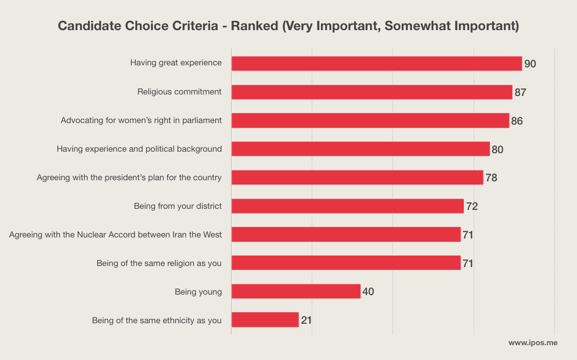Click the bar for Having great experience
pyautogui.click(x=377, y=63)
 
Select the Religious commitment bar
pyautogui.click(x=372, y=92)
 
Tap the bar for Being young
pyautogui.click(x=296, y=292)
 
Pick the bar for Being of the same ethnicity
pyautogui.click(x=265, y=320)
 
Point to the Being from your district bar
pyautogui.click(x=348, y=206)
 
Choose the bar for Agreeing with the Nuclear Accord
pyautogui.click(x=346, y=234)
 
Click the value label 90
pyautogui.click(x=530, y=64)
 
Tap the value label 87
pyautogui.click(x=520, y=92)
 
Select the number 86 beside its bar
pyautogui.click(x=517, y=121)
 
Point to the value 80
pyautogui.click(x=497, y=150)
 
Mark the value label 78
pyautogui.click(x=491, y=178)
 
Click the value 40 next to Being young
pyautogui.click(x=368, y=292)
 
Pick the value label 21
pyautogui.click(x=306, y=321)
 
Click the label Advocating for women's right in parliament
pyautogui.click(x=141, y=121)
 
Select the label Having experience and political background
pyautogui.click(x=139, y=149)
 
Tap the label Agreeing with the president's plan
pyautogui.click(x=129, y=178)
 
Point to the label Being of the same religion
pyautogui.click(x=159, y=263)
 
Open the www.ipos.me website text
pyautogui.click(x=533, y=343)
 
